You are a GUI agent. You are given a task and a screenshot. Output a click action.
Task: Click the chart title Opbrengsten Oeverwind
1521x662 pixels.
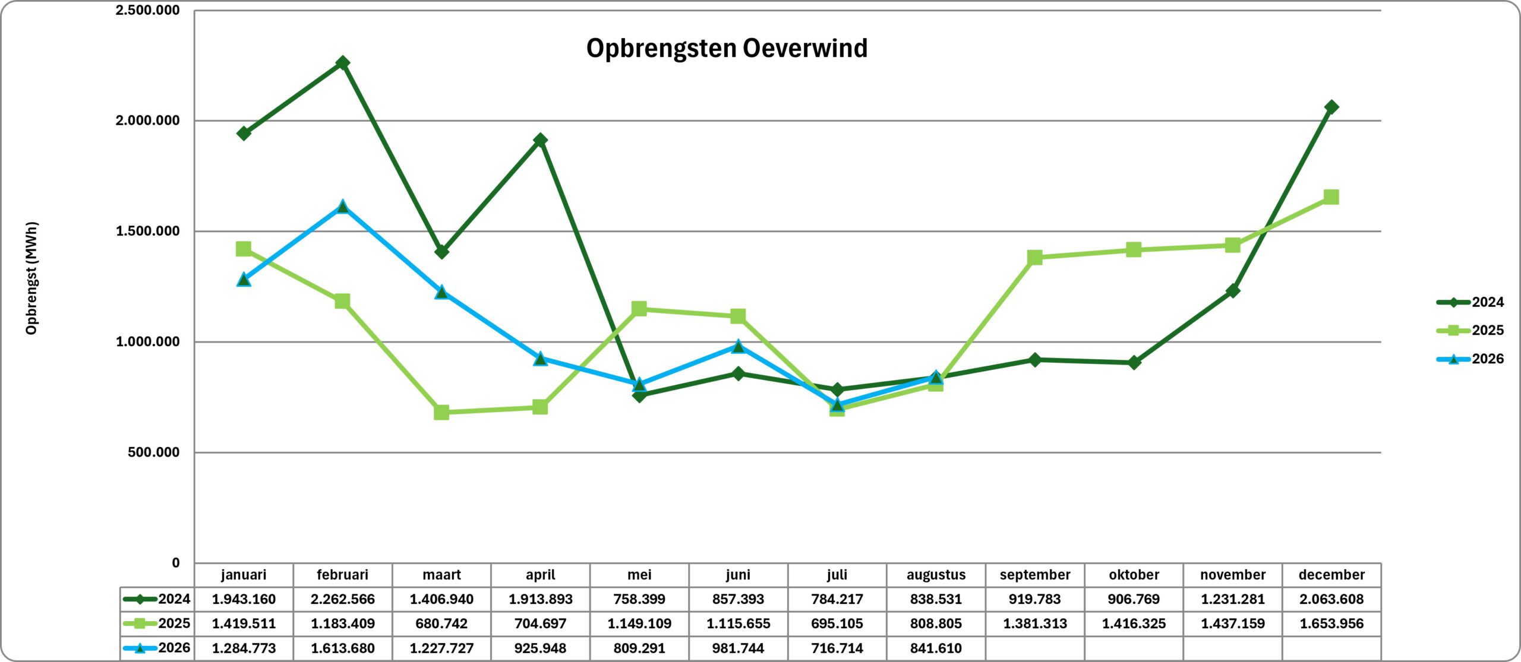coord(727,48)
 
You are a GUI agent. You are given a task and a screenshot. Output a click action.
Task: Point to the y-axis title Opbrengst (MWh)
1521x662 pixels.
coord(31,278)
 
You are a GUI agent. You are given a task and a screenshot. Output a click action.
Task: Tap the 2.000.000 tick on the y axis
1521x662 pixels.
coord(147,121)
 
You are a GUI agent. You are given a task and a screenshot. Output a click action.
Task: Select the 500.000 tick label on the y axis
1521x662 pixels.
coord(153,452)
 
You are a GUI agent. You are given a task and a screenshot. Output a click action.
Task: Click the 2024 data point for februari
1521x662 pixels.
coord(343,63)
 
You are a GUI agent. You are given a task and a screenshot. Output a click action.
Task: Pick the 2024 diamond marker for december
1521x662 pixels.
coord(1331,107)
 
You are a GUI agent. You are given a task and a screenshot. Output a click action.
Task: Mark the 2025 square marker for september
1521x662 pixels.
coord(1035,257)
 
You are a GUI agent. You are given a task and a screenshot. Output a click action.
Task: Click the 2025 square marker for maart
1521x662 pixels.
coord(441,412)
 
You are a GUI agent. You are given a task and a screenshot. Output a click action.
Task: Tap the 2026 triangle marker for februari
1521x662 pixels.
coord(343,207)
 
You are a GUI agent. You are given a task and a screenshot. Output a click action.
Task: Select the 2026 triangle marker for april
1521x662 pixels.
coord(540,359)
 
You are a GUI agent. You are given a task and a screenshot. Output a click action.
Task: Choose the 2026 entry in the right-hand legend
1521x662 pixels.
coord(1470,359)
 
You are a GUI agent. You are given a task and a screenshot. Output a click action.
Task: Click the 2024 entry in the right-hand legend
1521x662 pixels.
coord(1470,302)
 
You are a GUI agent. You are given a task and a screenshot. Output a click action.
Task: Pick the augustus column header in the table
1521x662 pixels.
coord(936,575)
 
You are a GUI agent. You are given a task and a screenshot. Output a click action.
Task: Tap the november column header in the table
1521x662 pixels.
coord(1233,575)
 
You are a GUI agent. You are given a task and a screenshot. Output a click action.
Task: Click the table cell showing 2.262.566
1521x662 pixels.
coord(343,599)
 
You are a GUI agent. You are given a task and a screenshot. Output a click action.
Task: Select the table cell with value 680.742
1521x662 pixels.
coord(441,623)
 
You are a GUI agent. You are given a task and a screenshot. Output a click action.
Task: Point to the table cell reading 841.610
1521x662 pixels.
coord(936,648)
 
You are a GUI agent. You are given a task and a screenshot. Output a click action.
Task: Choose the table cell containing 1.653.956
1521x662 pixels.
coord(1331,623)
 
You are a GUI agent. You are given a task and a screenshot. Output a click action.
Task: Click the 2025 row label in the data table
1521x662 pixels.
coord(157,623)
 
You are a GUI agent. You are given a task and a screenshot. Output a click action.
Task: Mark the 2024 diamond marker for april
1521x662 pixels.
coord(540,140)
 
